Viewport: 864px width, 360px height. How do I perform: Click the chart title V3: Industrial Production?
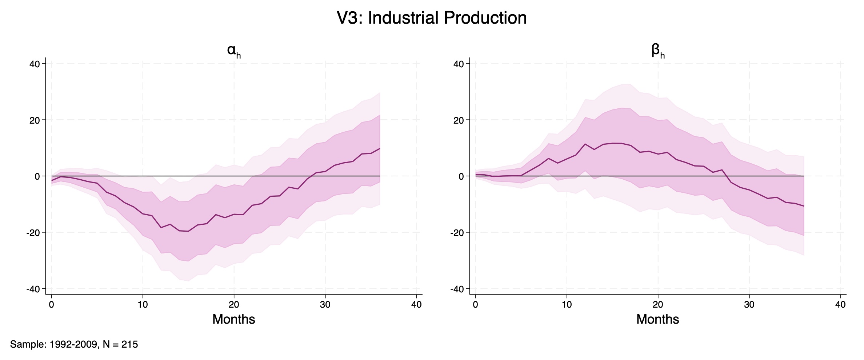pos(432,18)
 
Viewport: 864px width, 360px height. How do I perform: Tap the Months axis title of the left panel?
pos(233,319)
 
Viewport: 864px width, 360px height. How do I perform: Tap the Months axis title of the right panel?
pos(657,319)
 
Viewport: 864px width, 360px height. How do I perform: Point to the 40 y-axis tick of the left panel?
pos(35,64)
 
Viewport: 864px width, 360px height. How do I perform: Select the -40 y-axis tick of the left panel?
pos(33,289)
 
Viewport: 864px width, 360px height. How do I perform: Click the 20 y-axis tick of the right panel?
pos(459,120)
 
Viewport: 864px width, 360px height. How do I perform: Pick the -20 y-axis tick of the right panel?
pos(457,233)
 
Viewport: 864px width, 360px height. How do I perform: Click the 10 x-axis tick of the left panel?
pos(143,305)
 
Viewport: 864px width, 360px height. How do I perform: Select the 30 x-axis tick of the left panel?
pos(325,305)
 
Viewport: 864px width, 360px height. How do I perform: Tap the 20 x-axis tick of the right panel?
pos(658,305)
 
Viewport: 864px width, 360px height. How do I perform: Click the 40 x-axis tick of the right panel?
pos(840,305)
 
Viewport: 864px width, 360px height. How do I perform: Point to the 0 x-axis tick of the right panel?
pos(475,305)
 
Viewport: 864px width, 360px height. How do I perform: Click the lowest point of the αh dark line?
pos(188,231)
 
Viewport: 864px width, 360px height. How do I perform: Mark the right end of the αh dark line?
pos(380,148)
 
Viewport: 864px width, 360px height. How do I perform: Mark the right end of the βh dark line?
pos(804,206)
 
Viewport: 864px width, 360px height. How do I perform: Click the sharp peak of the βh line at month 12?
pos(585,144)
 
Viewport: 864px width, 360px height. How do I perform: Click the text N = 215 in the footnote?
pos(120,344)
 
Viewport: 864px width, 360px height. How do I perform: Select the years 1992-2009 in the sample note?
pos(73,344)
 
